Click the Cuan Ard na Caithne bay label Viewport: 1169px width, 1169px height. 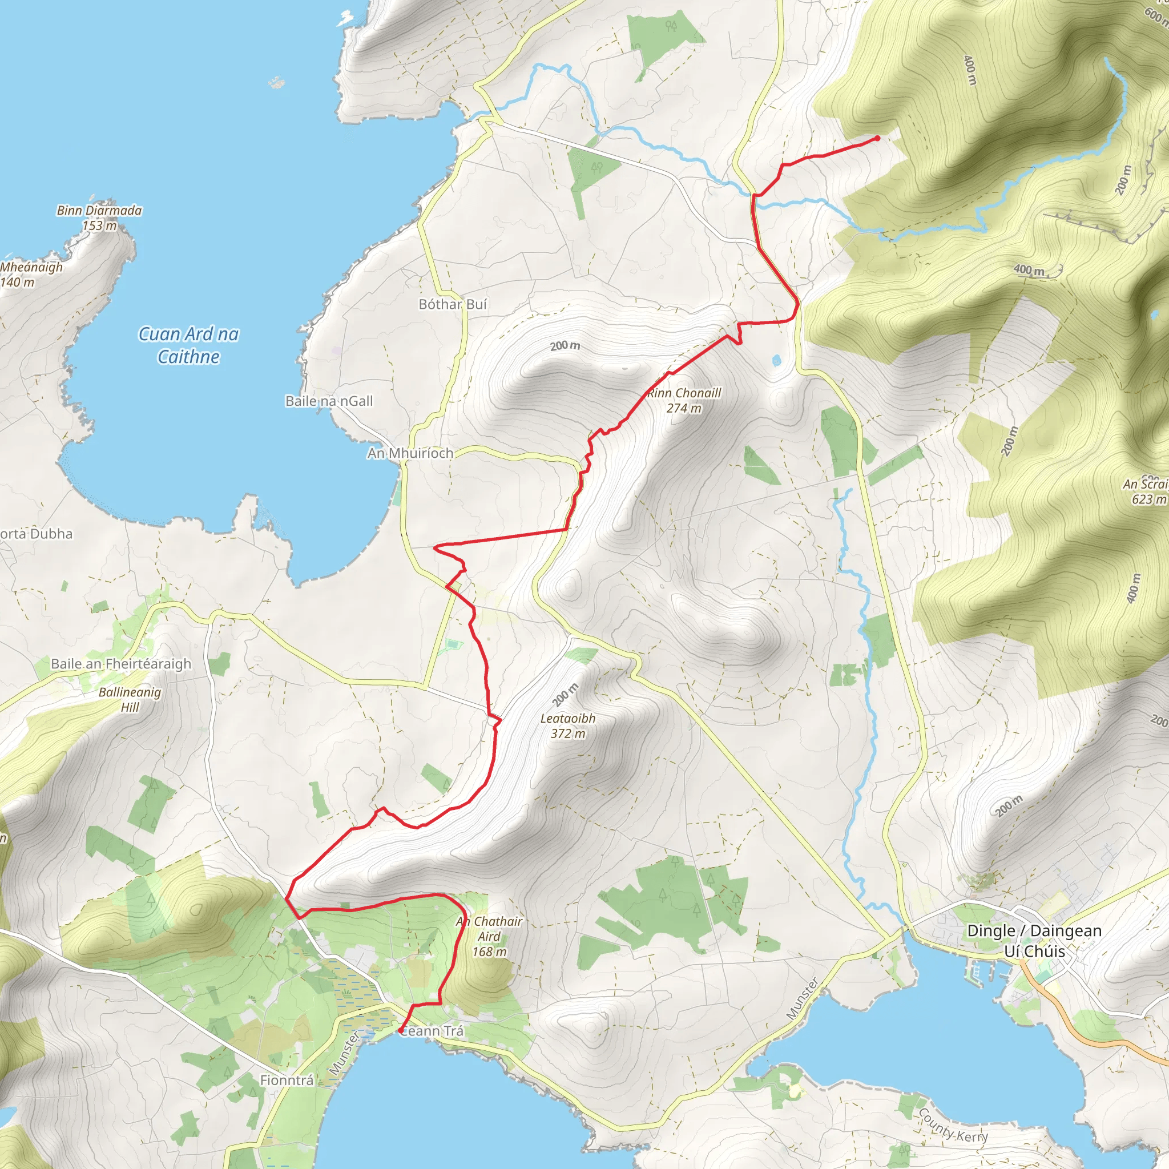point(188,345)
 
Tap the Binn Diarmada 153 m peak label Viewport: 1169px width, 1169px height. point(99,218)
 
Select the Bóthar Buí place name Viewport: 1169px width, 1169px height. point(453,304)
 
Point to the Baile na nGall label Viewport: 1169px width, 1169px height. point(329,401)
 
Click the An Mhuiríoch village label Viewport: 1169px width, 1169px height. point(410,453)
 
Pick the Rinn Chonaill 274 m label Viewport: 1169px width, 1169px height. point(684,401)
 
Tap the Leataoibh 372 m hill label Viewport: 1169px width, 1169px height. point(567,726)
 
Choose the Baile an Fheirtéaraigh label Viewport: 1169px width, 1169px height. point(121,664)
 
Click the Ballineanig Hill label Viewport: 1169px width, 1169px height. point(130,699)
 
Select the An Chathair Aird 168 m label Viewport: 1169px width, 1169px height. point(489,936)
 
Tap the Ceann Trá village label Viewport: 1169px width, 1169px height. point(433,1031)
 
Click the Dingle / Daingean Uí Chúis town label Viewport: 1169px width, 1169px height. point(1034,941)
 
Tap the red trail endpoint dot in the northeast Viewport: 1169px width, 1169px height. point(877,139)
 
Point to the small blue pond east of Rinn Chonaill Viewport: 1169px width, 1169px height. point(777,361)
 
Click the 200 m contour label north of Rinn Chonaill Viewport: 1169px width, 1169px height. point(565,345)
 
